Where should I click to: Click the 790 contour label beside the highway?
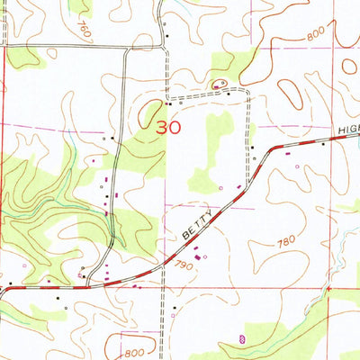point(186,265)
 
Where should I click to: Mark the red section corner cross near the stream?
point(329,289)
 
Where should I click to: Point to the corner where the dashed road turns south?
point(247,94)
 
